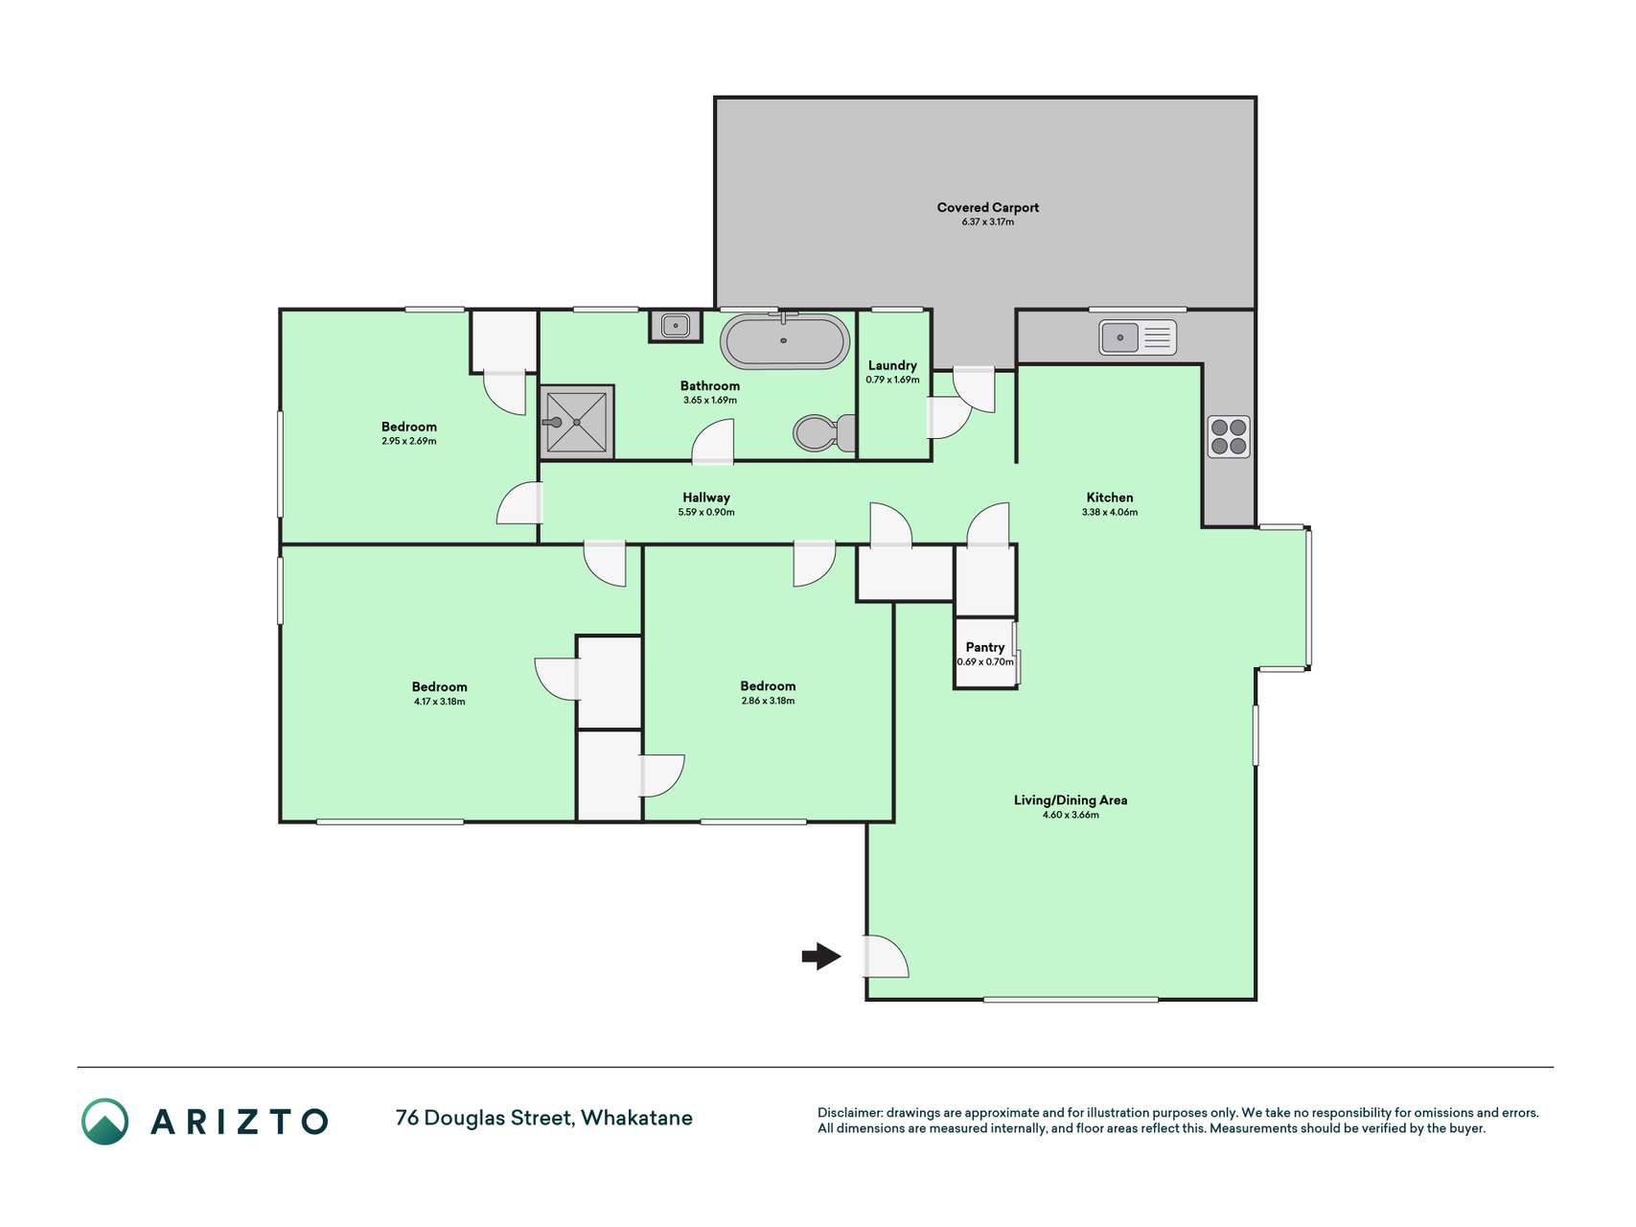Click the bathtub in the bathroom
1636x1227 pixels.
[x=785, y=340]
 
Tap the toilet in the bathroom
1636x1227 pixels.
[x=825, y=433]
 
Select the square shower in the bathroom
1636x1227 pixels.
[x=576, y=421]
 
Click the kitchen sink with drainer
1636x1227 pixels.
[x=1138, y=337]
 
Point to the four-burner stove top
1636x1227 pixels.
[x=1228, y=436]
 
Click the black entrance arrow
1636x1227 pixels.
[x=821, y=956]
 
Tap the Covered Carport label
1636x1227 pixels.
[x=988, y=207]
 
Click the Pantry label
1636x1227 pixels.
[x=985, y=647]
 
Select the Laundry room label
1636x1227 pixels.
[x=892, y=365]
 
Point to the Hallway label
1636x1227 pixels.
[x=706, y=498]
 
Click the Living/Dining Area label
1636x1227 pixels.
[x=1071, y=800]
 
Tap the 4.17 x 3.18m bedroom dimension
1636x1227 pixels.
[x=440, y=702]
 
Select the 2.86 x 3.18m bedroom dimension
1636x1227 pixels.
[x=768, y=701]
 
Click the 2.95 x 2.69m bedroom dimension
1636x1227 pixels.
[x=409, y=441]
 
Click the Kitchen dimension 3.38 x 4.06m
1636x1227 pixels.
[x=1110, y=512]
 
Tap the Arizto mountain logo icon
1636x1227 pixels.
[x=104, y=1121]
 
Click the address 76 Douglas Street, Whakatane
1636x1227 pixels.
[x=544, y=1118]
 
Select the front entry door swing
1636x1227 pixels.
[x=887, y=956]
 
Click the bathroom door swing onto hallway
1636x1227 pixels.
[x=713, y=444]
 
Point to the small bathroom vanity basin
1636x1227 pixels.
[x=675, y=325]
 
